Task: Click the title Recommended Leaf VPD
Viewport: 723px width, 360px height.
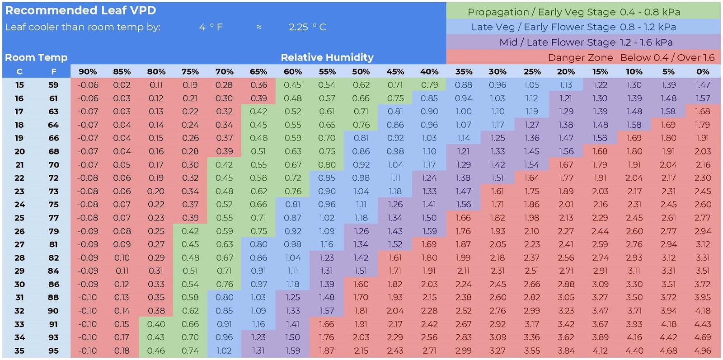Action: (x=80, y=10)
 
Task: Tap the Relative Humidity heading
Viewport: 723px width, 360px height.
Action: (x=327, y=57)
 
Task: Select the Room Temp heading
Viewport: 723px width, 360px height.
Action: (x=36, y=57)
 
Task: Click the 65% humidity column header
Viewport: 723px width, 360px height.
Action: (x=258, y=71)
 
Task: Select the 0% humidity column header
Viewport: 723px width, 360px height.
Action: (x=703, y=71)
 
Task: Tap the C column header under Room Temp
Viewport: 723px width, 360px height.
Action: (x=19, y=71)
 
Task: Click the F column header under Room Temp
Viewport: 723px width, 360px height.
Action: (x=53, y=71)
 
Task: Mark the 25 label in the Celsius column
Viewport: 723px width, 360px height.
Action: (x=19, y=218)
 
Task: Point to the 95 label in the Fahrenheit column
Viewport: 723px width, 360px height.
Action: (x=53, y=351)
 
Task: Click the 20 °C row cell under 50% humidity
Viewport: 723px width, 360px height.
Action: (x=361, y=151)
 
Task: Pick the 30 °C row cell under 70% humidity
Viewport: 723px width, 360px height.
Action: (x=224, y=284)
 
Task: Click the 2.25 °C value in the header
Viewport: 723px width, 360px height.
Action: (x=307, y=27)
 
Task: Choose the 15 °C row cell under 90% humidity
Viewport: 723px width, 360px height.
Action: (x=88, y=85)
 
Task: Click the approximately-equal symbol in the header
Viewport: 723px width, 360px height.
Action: (x=259, y=27)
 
